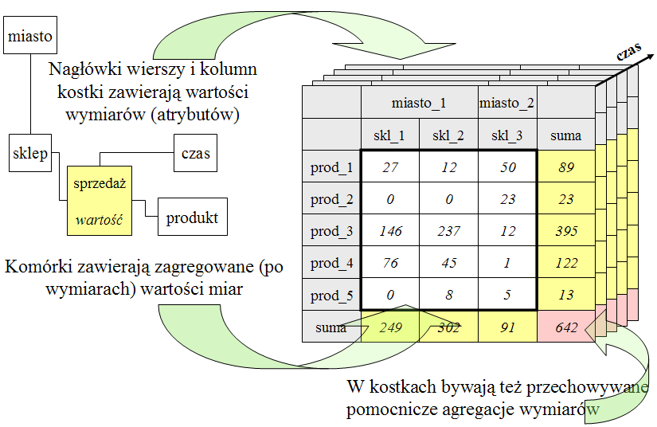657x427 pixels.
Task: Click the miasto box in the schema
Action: pos(30,35)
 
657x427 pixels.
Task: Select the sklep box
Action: pos(30,153)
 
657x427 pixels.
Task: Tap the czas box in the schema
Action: pos(196,153)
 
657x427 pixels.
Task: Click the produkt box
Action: pos(193,217)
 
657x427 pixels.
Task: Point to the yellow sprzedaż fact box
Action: pos(100,201)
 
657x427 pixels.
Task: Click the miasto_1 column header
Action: pos(420,102)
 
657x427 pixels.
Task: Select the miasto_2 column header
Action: pos(507,102)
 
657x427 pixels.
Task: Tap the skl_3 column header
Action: pos(507,135)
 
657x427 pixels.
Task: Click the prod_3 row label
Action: pos(331,230)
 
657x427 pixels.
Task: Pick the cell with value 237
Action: pos(449,230)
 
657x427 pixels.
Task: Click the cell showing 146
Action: pos(390,230)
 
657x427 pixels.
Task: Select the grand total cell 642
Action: pos(566,327)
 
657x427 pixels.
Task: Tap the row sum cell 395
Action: pos(566,230)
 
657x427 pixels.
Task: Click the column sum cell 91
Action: pos(507,327)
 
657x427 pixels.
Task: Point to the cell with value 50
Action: pos(507,166)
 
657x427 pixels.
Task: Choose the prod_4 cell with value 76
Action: pos(390,262)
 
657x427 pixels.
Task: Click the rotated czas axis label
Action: pos(629,51)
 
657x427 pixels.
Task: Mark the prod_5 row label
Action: pos(331,295)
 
